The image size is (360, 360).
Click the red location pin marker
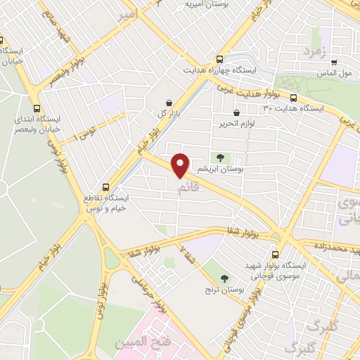pos(181,165)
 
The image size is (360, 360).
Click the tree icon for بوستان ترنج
pos(224,279)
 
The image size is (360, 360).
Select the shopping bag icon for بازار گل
pos(169,103)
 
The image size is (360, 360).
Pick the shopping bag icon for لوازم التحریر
pos(236,112)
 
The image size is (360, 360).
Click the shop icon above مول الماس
pos(334,62)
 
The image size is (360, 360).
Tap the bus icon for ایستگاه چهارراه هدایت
pos(221,60)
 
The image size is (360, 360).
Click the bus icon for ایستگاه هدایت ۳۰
pos(293,98)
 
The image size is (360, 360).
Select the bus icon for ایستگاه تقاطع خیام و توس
pos(105,187)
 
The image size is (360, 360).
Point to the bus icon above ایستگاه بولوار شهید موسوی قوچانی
pos(275,255)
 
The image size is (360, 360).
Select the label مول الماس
pos(335,73)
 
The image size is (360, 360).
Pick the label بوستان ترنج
pos(224,289)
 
